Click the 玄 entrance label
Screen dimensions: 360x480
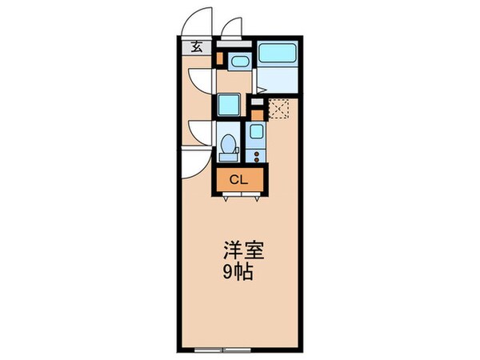pyautogui.click(x=197, y=47)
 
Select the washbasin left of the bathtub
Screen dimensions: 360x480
pyautogui.click(x=238, y=61)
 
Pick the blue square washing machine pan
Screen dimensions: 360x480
pyautogui.click(x=227, y=105)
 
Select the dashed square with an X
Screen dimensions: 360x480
pyautogui.click(x=278, y=106)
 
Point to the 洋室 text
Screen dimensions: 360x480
pyautogui.click(x=238, y=250)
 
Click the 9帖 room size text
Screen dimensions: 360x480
pyautogui.click(x=238, y=272)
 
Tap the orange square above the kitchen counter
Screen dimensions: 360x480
pyautogui.click(x=256, y=102)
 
